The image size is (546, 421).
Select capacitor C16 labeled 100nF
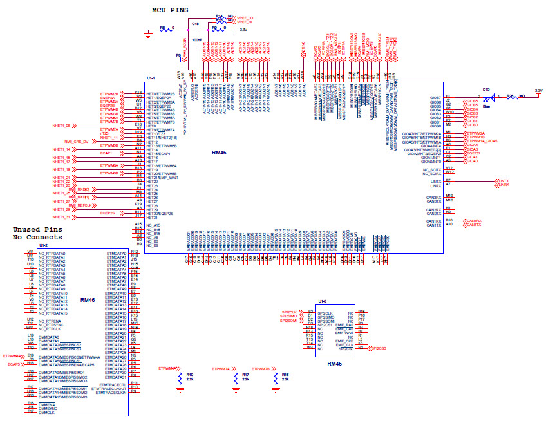[196, 30]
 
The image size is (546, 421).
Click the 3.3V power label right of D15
[538, 90]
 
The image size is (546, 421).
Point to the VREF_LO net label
[245, 17]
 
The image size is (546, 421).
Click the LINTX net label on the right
[504, 181]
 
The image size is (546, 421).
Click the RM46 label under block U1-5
[334, 364]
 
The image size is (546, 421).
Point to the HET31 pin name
[153, 217]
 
